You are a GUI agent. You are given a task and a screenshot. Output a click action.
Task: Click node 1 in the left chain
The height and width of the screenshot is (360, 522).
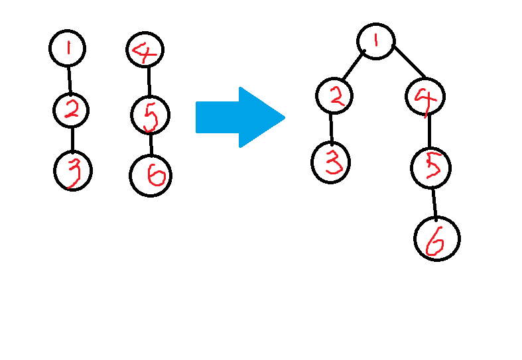click(x=68, y=48)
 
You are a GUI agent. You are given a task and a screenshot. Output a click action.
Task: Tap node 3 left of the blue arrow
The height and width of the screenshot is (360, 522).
click(x=73, y=171)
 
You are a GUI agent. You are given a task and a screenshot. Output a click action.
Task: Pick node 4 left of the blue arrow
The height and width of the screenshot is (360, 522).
click(x=145, y=50)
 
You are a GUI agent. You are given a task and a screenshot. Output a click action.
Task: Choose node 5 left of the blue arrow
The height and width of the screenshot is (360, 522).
click(x=150, y=115)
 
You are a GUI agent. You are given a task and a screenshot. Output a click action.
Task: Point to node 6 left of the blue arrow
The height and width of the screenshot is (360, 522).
click(x=150, y=176)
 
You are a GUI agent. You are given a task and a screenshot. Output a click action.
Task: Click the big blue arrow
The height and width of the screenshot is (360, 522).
click(x=239, y=117)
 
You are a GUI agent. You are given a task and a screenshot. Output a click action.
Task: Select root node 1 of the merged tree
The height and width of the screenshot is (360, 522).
click(x=376, y=40)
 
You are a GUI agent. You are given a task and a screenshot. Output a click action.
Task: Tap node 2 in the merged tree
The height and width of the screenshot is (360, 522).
click(x=336, y=97)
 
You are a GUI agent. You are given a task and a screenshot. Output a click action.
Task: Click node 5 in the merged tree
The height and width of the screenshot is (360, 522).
click(x=431, y=167)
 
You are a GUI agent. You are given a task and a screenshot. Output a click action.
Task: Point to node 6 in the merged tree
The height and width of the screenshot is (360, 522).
click(x=436, y=239)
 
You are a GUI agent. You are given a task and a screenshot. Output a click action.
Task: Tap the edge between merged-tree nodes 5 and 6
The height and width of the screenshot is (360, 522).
click(x=434, y=202)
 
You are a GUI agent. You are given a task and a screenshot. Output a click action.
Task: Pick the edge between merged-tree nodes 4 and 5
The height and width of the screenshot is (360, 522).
click(x=428, y=131)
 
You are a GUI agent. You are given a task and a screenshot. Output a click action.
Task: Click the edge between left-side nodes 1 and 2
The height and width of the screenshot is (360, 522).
click(x=70, y=79)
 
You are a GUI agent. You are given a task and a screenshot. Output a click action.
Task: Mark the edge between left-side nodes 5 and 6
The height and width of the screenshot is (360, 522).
click(x=151, y=145)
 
